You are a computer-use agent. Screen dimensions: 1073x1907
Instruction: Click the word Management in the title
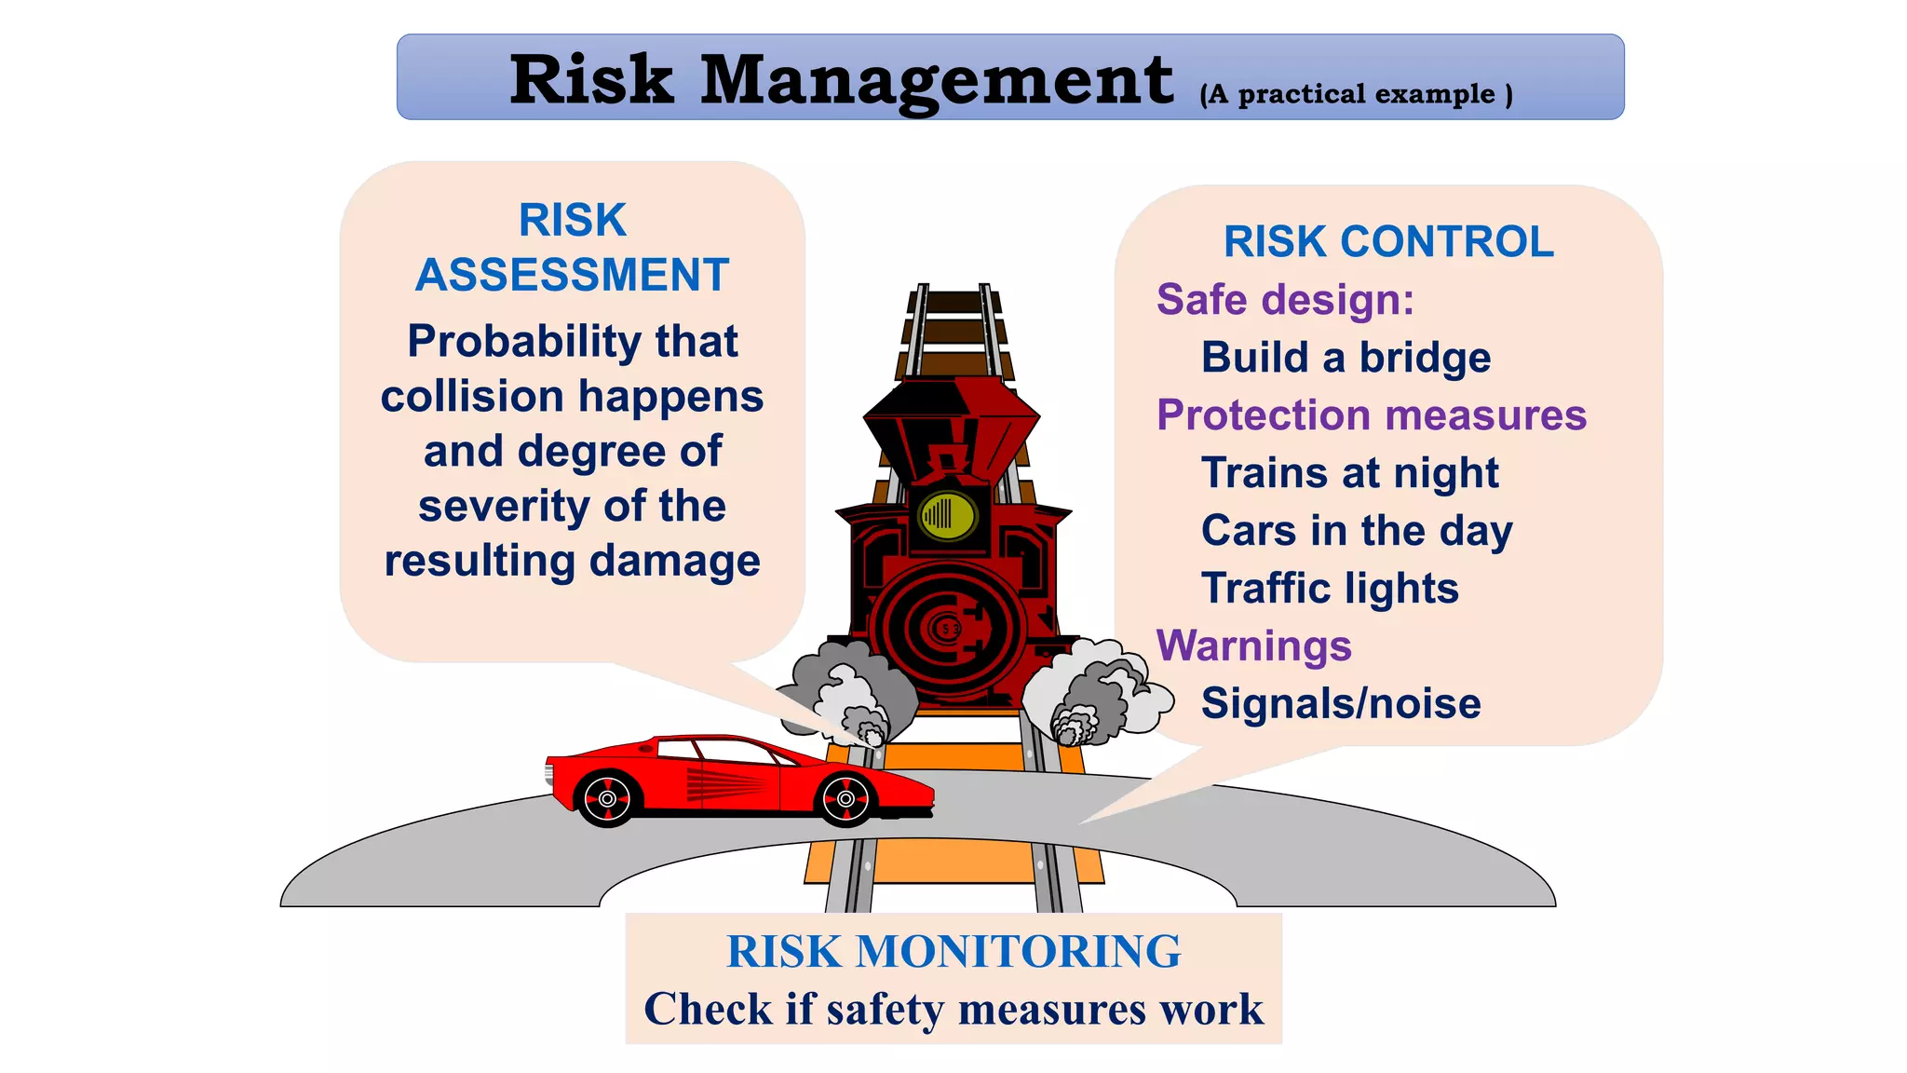coord(936,80)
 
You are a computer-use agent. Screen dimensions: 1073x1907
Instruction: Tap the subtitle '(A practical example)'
coord(1356,94)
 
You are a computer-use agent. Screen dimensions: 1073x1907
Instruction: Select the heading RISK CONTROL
coord(1388,242)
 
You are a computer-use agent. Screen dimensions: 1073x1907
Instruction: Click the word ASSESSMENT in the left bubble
coord(572,276)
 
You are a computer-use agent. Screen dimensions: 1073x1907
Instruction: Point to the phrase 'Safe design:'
coord(1285,300)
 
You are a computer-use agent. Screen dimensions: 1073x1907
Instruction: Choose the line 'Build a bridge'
coord(1346,358)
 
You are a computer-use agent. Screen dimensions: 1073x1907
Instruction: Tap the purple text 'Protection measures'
coord(1371,415)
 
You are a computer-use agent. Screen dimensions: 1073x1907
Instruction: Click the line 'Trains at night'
coord(1349,473)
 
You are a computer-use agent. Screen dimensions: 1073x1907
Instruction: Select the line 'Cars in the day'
coord(1356,531)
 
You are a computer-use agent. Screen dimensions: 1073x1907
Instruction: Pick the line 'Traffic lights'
coord(1330,589)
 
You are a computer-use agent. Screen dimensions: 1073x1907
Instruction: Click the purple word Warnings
coord(1253,646)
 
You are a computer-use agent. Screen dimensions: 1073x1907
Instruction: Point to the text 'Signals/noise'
coord(1341,704)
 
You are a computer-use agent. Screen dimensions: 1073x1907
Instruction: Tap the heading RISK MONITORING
coord(953,952)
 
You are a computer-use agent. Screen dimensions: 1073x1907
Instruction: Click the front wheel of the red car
coord(845,799)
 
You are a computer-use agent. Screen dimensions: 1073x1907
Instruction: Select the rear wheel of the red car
coord(607,799)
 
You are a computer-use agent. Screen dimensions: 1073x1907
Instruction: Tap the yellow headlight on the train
coord(948,514)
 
